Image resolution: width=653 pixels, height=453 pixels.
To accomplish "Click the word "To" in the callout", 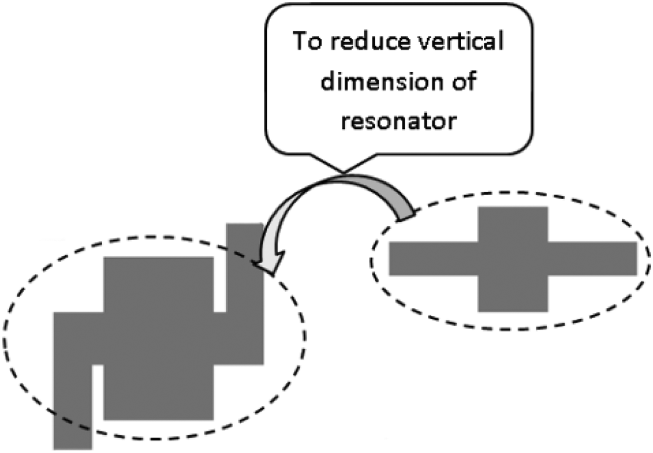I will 307,41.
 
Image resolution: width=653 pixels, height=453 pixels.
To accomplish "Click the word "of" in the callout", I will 463,82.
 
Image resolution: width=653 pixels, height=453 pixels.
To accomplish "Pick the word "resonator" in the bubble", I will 399,121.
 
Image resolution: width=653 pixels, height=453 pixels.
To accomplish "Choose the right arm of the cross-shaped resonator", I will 592,258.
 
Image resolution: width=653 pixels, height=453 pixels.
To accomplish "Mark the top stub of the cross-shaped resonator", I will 513,224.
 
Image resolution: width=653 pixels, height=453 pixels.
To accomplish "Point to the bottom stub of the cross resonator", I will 513,294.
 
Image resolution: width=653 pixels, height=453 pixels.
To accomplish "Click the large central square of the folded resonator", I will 158,338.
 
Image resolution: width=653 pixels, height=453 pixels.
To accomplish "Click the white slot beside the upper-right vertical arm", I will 220,285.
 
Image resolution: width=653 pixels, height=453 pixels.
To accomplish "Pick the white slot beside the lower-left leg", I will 97,392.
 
